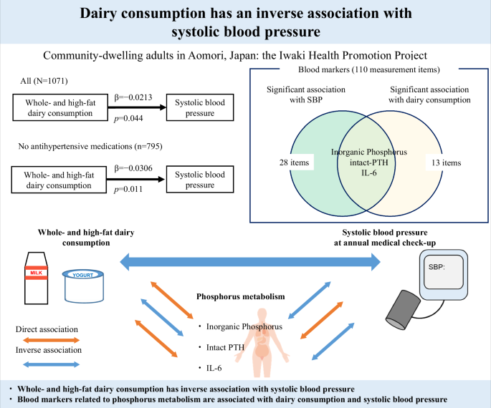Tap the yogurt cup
(85, 286)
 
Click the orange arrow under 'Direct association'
(47, 340)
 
